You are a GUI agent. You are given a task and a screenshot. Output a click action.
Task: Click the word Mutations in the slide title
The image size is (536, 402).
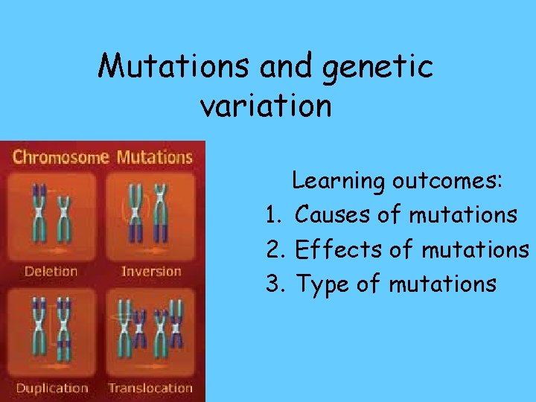click(x=175, y=67)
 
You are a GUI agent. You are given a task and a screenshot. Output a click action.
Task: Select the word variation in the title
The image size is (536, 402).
click(x=266, y=106)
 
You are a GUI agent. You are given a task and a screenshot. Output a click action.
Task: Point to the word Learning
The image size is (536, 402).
click(x=339, y=181)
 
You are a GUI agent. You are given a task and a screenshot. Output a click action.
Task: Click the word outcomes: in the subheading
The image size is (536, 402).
click(x=448, y=181)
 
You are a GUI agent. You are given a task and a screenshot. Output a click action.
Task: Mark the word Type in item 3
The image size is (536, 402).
click(x=322, y=284)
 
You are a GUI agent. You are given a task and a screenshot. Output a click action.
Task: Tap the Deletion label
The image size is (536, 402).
click(x=51, y=271)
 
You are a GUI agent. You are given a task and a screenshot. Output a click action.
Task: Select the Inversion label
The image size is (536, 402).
click(x=151, y=271)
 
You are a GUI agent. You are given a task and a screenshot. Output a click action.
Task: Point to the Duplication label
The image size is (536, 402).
click(x=51, y=388)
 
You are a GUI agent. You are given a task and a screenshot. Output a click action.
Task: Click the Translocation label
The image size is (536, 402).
click(x=151, y=388)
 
